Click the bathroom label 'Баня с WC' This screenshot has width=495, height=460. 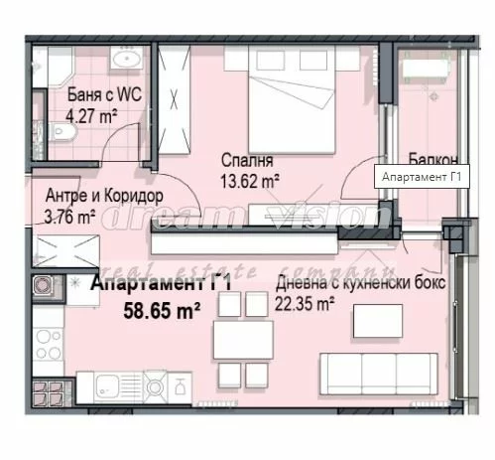pyautogui.click(x=104, y=94)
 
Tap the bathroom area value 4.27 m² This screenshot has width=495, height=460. pyautogui.click(x=91, y=116)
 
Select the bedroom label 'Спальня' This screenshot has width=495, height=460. pyautogui.click(x=247, y=160)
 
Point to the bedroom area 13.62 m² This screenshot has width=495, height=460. pyautogui.click(x=250, y=181)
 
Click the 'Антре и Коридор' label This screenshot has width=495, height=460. pyautogui.click(x=104, y=196)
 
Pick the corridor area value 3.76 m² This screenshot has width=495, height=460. pyautogui.click(x=69, y=217)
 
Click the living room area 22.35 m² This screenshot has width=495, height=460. pyautogui.click(x=305, y=304)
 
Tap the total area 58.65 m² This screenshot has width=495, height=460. pyautogui.click(x=162, y=311)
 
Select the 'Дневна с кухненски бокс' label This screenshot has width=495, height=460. pyautogui.click(x=361, y=283)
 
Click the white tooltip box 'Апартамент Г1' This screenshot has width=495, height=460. pyautogui.click(x=422, y=177)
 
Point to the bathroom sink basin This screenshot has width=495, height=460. pyautogui.click(x=126, y=58)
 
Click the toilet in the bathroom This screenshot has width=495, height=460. pyautogui.click(x=62, y=132)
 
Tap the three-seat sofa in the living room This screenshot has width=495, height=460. pyautogui.click(x=379, y=374)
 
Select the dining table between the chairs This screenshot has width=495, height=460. pyautogui.click(x=243, y=340)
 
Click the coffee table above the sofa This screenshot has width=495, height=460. pyautogui.click(x=378, y=321)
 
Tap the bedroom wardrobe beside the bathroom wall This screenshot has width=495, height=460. pyautogui.click(x=175, y=99)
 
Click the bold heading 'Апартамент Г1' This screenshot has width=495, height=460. pyautogui.click(x=161, y=284)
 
